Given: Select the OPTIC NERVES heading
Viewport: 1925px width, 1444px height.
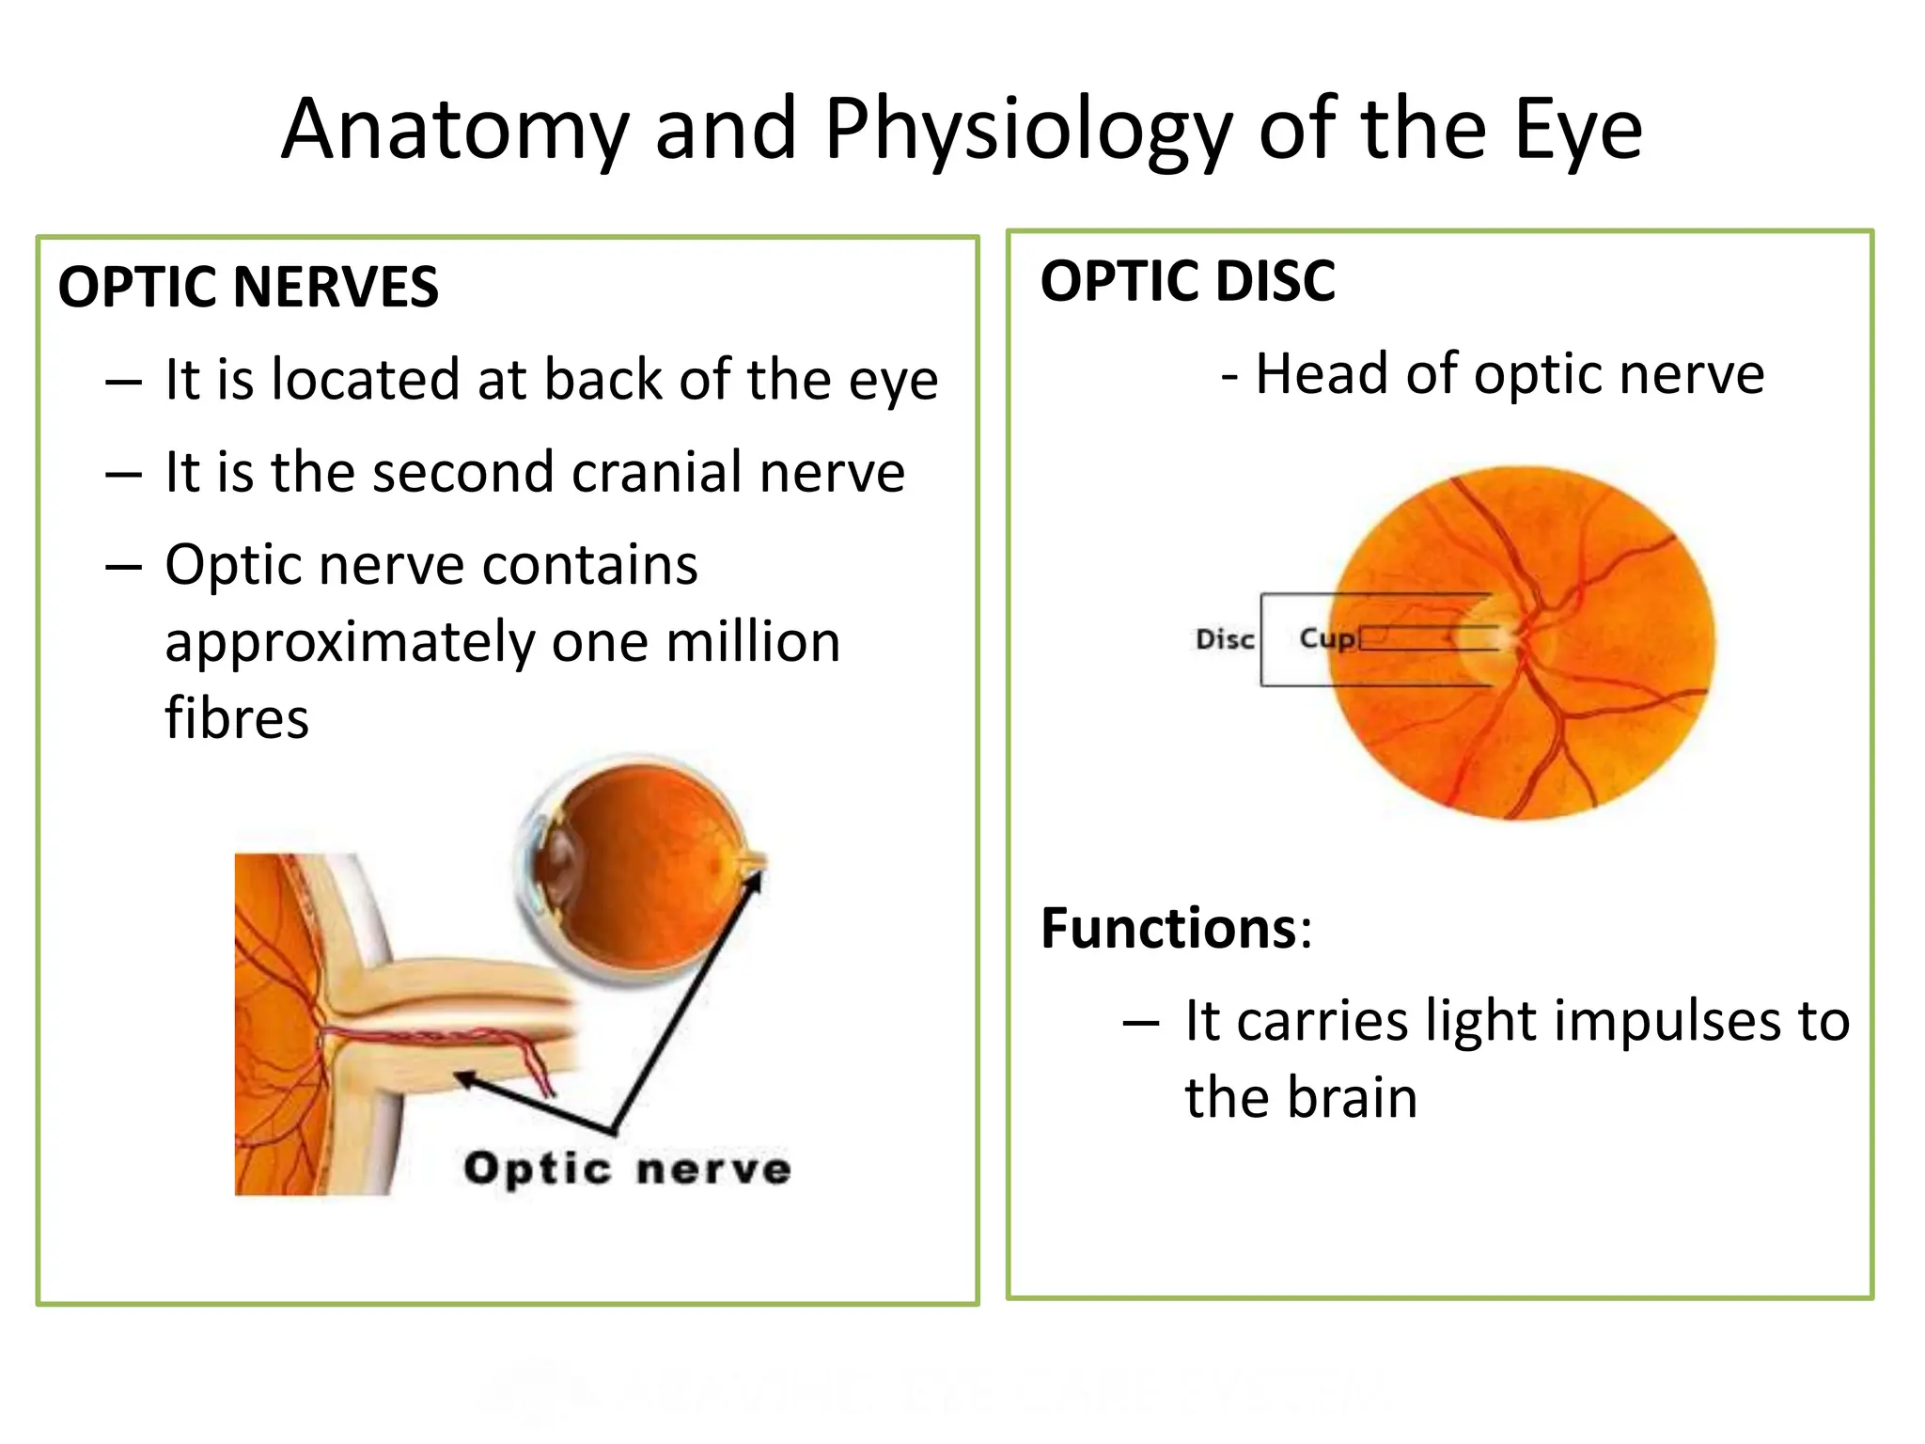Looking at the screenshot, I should [248, 287].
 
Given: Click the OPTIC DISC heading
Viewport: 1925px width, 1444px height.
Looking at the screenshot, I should [1187, 281].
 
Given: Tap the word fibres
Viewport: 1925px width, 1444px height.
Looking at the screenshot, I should [237, 719].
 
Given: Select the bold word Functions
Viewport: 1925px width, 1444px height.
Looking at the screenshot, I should [1169, 929].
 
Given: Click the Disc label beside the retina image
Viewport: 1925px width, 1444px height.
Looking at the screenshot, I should [1224, 640].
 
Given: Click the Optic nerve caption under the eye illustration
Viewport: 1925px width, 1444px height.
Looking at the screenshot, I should [627, 1169].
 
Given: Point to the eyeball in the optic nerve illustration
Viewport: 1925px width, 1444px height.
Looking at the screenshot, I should [639, 870].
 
